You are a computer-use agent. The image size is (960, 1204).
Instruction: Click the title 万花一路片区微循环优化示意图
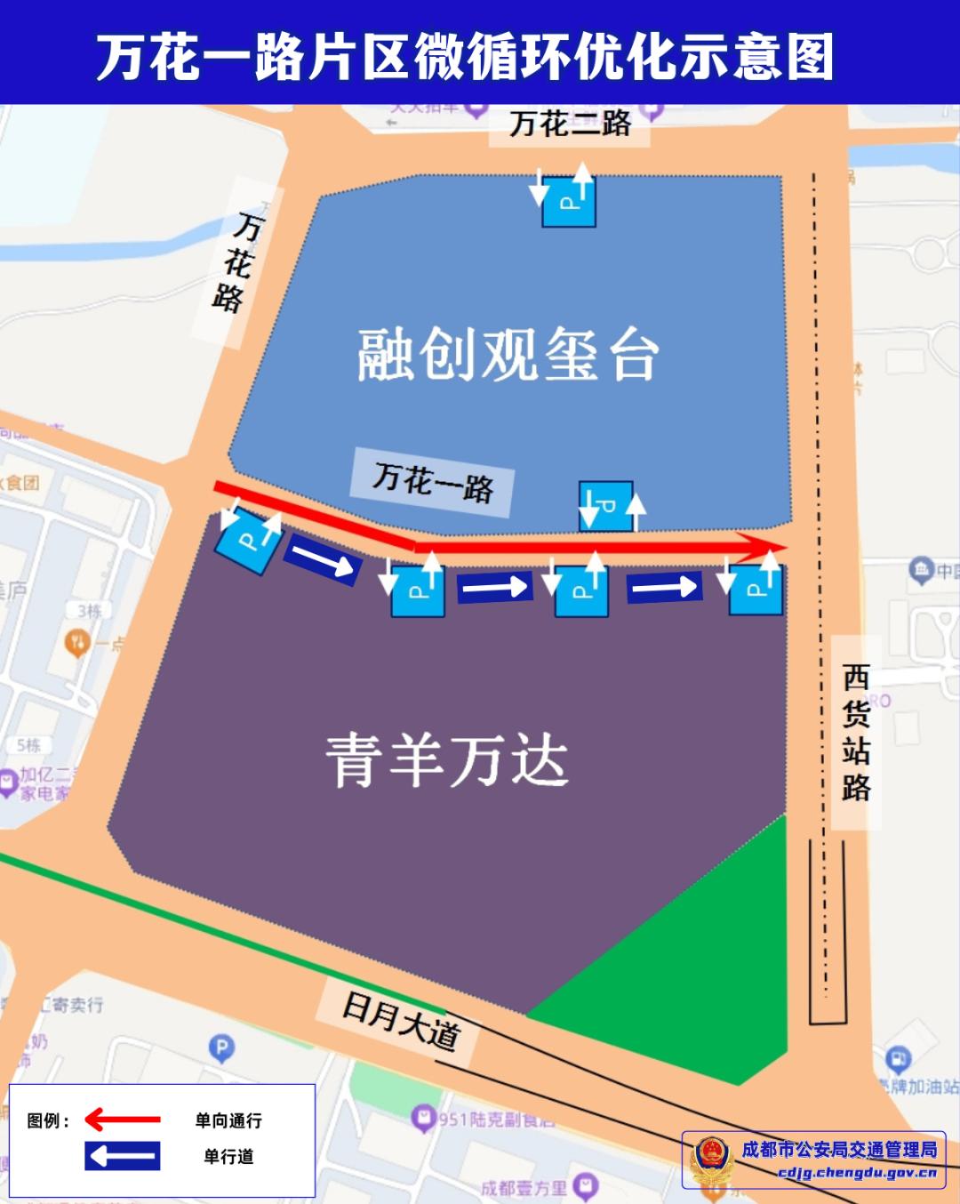465,55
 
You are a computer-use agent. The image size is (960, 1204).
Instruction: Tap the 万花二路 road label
570,124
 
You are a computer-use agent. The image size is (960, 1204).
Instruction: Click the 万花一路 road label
433,481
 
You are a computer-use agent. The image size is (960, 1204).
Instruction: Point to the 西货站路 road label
856,733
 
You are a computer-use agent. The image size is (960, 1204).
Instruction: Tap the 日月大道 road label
401,1022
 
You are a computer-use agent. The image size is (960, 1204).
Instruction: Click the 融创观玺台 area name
508,355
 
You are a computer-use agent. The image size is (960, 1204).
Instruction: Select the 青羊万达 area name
446,761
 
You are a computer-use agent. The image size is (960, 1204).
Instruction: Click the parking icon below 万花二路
569,201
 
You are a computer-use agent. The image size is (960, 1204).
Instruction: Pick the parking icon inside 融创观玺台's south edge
606,507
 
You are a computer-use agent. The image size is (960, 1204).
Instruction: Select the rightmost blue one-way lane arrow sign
664,587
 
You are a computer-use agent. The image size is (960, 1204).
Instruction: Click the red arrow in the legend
123,1120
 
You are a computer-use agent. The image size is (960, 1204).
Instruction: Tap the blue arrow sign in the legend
123,1156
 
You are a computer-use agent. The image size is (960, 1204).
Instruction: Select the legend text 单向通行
228,1120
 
